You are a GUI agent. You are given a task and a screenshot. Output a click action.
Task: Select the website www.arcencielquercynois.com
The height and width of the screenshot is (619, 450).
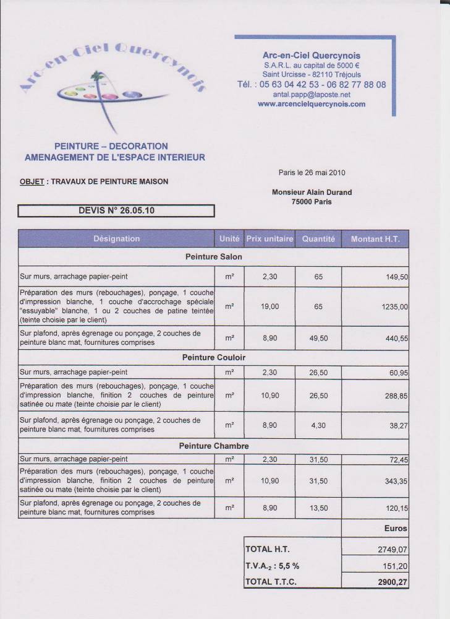click(312, 104)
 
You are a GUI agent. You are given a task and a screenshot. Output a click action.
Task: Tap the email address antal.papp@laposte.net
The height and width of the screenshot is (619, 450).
click(312, 95)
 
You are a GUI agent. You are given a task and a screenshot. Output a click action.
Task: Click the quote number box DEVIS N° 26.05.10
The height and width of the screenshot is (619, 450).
click(116, 210)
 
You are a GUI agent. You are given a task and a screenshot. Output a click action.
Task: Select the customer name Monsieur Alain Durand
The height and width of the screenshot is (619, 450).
click(312, 192)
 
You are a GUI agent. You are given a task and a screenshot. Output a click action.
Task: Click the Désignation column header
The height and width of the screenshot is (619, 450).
click(116, 239)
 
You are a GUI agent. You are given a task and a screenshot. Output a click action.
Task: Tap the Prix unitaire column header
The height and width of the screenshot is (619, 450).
click(270, 239)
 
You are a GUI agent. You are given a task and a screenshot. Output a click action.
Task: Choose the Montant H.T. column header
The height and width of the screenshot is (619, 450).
click(375, 239)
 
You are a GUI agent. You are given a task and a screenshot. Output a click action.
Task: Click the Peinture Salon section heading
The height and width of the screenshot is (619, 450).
click(213, 256)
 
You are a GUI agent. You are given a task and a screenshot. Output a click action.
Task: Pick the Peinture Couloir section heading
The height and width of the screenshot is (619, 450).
click(213, 358)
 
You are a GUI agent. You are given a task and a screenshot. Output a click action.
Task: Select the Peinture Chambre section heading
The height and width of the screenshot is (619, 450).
click(213, 446)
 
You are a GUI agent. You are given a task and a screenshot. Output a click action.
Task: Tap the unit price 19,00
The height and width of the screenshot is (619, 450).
click(270, 306)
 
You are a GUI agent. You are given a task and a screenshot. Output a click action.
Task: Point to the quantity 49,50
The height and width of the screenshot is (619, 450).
click(318, 337)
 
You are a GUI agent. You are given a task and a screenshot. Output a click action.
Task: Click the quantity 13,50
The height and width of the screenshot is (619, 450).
click(318, 508)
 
